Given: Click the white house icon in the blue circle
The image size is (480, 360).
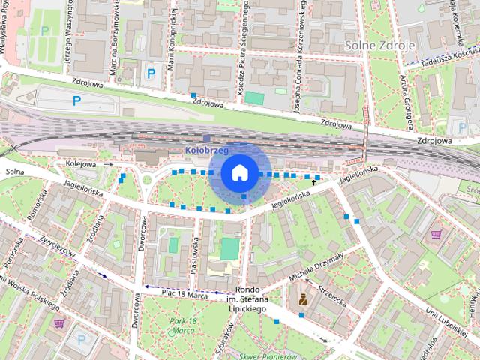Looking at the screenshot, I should coord(239,172).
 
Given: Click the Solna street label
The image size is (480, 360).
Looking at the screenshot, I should coord(14,172).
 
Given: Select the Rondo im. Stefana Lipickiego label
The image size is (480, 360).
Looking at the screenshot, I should coord(247,299).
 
